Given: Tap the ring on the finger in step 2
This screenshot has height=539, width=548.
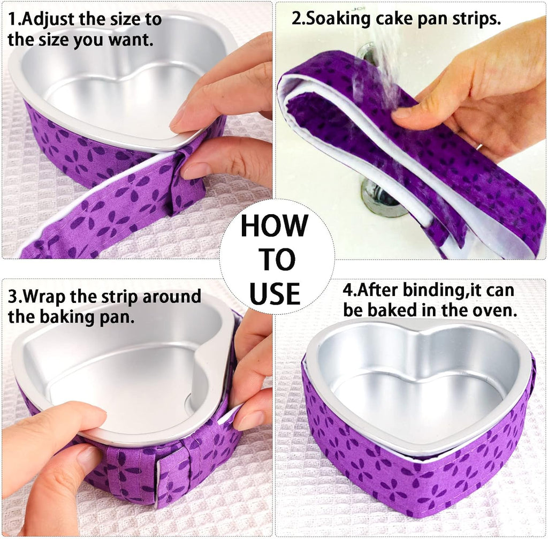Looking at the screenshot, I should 480,146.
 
